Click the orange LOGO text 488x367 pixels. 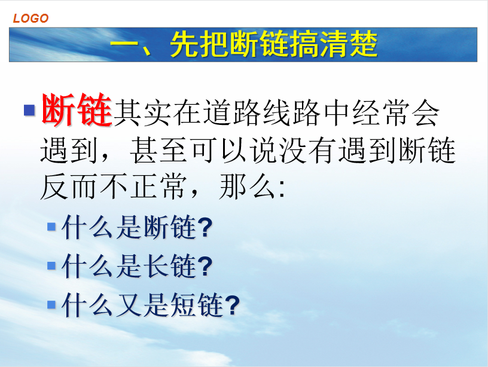click(x=30, y=19)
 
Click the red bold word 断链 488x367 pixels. click(x=77, y=110)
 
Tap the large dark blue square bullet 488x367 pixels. click(x=29, y=110)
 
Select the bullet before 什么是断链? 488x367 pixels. click(x=51, y=227)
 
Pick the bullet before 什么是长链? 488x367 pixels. click(x=51, y=265)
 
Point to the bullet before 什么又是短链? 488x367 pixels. click(x=51, y=304)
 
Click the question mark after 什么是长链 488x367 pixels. click(x=205, y=266)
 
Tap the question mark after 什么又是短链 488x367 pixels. click(x=232, y=305)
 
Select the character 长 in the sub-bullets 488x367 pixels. click(x=157, y=266)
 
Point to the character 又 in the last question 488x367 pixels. click(x=129, y=305)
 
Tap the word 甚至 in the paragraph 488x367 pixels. click(x=158, y=151)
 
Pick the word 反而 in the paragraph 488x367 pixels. click(x=68, y=186)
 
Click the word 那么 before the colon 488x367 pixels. click(x=248, y=186)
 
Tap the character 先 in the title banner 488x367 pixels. click(x=184, y=44)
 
